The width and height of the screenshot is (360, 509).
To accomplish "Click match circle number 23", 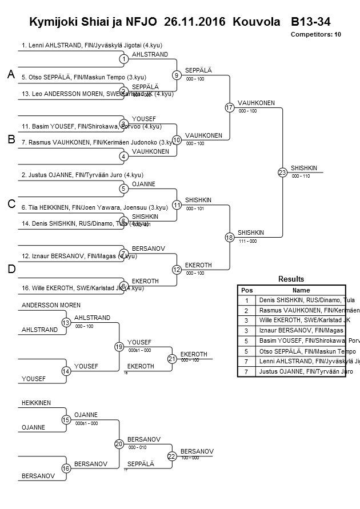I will tap(282, 172).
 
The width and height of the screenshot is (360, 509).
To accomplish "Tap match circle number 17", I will tap(229, 107).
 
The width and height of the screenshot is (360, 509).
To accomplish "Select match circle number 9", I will tap(177, 75).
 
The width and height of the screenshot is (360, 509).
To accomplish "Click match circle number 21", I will tap(172, 359).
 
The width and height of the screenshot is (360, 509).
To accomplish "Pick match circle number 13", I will tap(66, 323).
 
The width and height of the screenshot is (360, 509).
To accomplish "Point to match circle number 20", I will tap(119, 443).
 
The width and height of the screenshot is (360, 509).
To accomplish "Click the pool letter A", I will tap(11, 74).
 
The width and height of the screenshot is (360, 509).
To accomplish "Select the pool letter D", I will tap(11, 269).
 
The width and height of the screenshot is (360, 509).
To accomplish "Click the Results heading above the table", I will tap(291, 279).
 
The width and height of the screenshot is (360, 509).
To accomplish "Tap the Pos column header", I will tap(247, 290).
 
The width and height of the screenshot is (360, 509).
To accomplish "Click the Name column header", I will tap(301, 290).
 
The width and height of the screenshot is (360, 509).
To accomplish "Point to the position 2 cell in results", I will tap(247, 310).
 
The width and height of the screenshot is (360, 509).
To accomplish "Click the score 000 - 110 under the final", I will tap(300, 176).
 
